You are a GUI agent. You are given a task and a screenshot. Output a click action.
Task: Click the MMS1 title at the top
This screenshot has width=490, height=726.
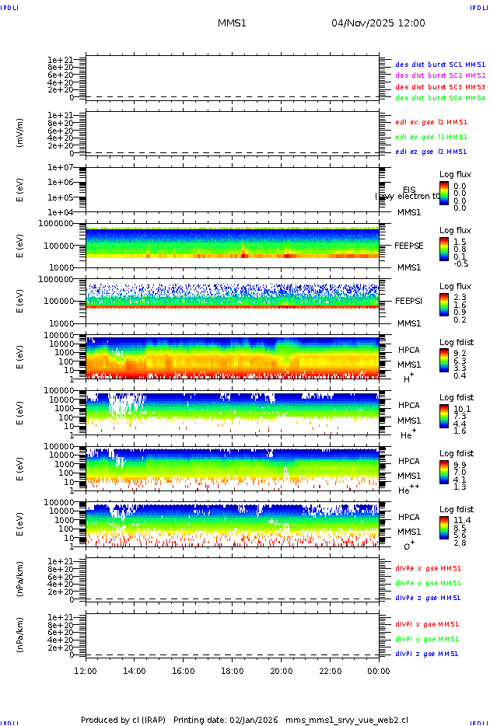[232, 23]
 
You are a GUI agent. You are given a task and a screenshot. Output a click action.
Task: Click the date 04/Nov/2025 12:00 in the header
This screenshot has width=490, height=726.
[378, 23]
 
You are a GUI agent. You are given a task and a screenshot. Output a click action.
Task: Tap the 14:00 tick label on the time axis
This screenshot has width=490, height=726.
[135, 671]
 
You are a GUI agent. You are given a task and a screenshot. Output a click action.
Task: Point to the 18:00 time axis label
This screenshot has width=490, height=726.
[232, 671]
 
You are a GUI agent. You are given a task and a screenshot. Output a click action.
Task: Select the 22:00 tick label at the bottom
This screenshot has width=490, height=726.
[330, 671]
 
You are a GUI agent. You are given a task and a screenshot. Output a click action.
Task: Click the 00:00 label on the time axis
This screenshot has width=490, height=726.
[378, 671]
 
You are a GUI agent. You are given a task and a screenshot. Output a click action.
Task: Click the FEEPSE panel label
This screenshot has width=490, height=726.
[408, 245]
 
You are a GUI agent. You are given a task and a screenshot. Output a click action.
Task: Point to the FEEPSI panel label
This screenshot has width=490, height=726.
[408, 300]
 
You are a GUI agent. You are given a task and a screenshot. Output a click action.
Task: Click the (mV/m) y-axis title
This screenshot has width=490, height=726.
[21, 133]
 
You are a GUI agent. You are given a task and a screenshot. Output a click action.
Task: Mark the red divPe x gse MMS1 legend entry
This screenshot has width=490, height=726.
[428, 567]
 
